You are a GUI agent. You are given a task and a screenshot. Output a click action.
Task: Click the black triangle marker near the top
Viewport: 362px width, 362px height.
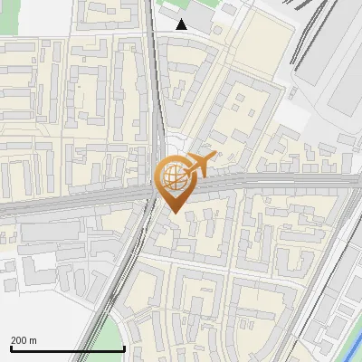click(182, 24)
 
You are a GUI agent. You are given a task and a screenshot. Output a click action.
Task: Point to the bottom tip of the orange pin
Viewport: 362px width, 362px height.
click(174, 213)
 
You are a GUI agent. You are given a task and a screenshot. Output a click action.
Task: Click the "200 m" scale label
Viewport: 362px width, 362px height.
click(24, 340)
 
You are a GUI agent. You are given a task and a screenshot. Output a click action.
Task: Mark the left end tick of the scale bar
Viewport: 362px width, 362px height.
click(11, 348)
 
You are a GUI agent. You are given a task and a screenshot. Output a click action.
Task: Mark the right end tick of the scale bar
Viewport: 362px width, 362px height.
click(124, 348)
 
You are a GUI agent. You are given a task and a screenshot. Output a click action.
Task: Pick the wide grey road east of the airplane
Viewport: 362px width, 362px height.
click(290, 180)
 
